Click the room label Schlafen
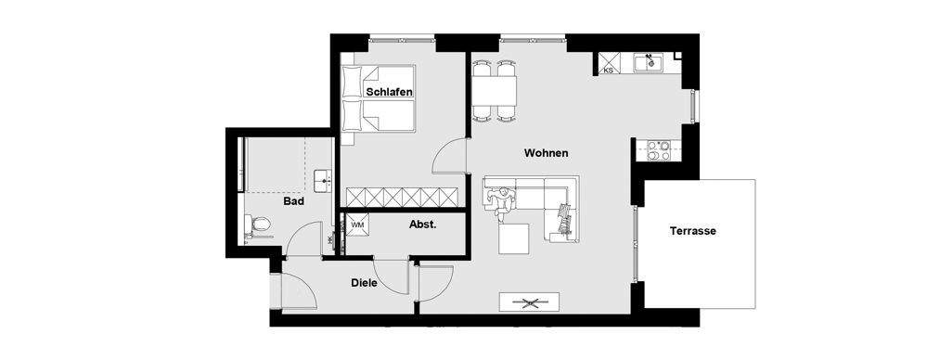pos(389,93)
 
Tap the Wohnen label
pos(546,153)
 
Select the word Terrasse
pos(692,231)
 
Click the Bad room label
pos(294,200)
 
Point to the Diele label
pos(364,283)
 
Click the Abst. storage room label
pos(422,225)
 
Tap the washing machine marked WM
pos(357,225)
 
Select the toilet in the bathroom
pos(259,224)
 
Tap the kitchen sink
pos(647,63)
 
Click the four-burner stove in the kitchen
pos(659,150)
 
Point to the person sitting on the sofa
pos(503,199)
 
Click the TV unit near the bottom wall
pos(530,302)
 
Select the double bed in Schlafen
pos(378,99)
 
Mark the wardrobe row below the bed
pos(403,196)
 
